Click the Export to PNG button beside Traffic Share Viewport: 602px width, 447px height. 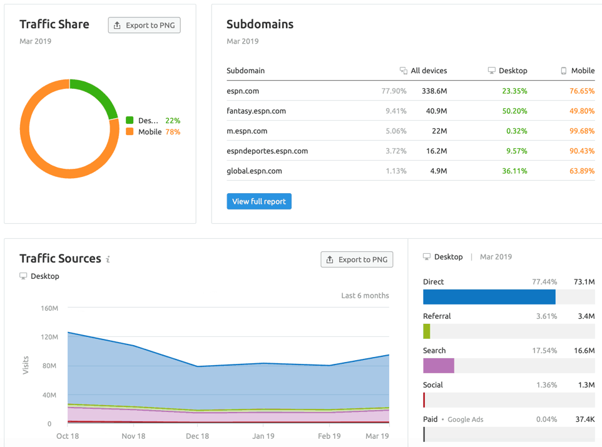tap(144, 25)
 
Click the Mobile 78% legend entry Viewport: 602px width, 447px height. tap(153, 132)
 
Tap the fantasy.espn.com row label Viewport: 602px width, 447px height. tap(256, 111)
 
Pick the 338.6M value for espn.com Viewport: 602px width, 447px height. tap(434, 91)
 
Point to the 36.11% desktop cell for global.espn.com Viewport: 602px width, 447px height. tap(514, 171)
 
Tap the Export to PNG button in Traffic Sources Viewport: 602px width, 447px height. tap(357, 259)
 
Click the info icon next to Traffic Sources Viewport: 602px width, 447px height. tap(108, 259)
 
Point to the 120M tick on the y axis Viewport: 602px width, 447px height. tap(48, 337)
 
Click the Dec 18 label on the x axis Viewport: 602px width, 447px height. tap(197, 436)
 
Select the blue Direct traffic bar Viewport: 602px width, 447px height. tap(489, 297)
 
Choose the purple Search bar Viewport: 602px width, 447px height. tap(439, 366)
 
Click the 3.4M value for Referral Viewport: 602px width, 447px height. tap(586, 316)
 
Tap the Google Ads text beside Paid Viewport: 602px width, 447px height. tap(465, 419)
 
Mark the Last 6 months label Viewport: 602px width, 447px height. tap(365, 296)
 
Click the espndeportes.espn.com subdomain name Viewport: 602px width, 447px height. tap(267, 151)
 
